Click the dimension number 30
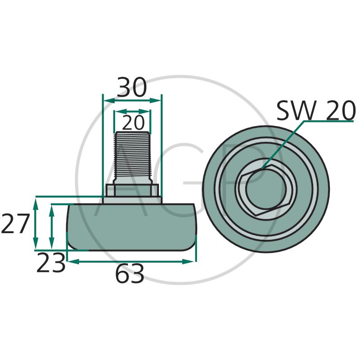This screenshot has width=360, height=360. pos(131,87)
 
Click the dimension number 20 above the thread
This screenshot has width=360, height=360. pos(133,123)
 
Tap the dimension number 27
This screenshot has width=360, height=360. pos(15,223)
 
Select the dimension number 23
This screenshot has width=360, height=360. pos(51,262)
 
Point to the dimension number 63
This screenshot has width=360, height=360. pos(130,274)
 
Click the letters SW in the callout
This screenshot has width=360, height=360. pos(295,110)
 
